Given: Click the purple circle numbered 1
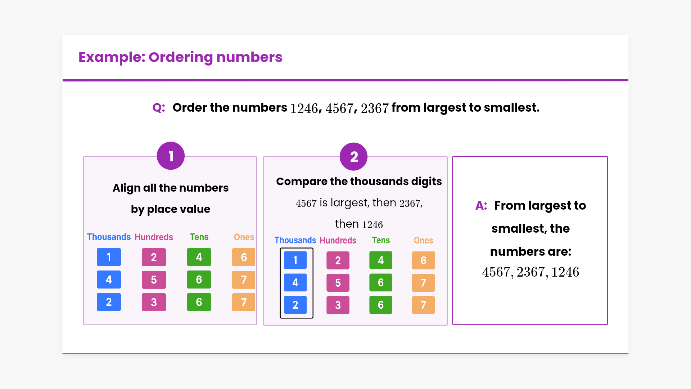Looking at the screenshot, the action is click(171, 156).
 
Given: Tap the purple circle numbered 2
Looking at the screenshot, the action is click(354, 157).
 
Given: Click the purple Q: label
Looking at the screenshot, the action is click(159, 107).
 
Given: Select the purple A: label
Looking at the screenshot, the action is click(481, 205).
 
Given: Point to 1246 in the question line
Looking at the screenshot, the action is click(304, 108).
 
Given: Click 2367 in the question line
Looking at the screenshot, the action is click(375, 108).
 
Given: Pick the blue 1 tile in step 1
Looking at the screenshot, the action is click(109, 257).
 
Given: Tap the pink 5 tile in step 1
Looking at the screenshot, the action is click(154, 280).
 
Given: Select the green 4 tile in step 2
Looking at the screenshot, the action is click(381, 260).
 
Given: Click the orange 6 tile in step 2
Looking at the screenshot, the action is click(423, 260).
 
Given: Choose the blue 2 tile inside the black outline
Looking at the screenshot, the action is click(295, 305).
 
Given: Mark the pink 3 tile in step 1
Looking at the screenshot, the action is click(154, 302).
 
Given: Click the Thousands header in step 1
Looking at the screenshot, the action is click(109, 237).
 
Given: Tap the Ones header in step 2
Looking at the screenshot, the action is click(423, 240).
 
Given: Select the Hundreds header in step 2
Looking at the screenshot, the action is click(338, 240).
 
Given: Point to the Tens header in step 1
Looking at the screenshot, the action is click(199, 237).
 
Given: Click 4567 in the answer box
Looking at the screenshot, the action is click(498, 272).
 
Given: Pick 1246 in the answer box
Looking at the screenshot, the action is click(565, 272).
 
